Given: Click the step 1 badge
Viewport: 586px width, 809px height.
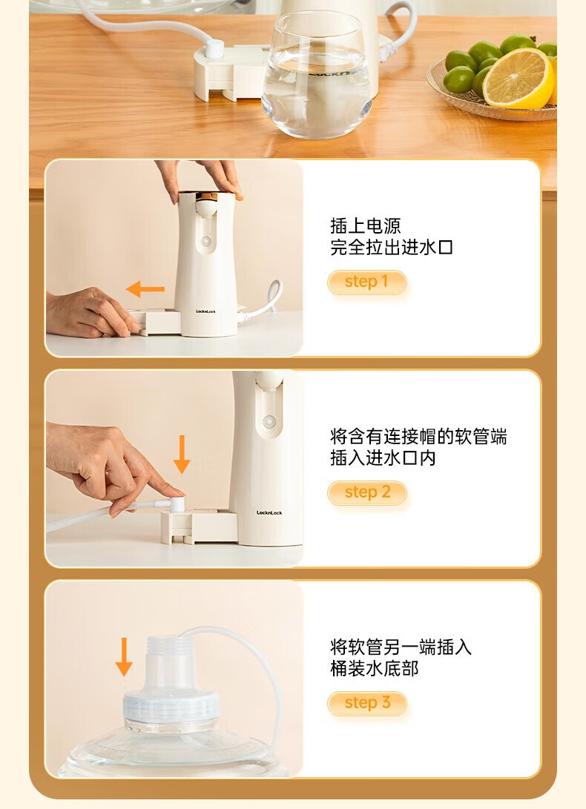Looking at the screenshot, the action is pyautogui.click(x=367, y=282).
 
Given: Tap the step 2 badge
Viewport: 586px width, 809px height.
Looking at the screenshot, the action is pyautogui.click(x=367, y=492).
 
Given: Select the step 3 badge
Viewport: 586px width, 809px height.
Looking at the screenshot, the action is pyautogui.click(x=367, y=703).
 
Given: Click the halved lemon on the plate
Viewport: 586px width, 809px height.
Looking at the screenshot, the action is pyautogui.click(x=518, y=79).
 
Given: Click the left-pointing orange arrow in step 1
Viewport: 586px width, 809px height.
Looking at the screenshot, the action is pyautogui.click(x=145, y=289).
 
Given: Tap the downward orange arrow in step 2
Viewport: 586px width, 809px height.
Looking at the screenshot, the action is pyautogui.click(x=182, y=454).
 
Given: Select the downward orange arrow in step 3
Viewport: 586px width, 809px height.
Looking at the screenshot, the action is pyautogui.click(x=124, y=657).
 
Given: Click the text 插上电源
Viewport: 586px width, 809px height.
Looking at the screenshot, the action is pyautogui.click(x=366, y=226).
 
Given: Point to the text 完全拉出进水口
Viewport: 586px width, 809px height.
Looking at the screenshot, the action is pyautogui.click(x=392, y=248).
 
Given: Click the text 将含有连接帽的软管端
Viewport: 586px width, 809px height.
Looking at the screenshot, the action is pyautogui.click(x=418, y=437).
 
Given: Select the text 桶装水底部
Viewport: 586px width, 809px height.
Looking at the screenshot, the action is pyautogui.click(x=375, y=669).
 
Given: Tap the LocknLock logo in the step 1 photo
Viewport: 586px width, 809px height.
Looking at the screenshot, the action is pyautogui.click(x=205, y=311).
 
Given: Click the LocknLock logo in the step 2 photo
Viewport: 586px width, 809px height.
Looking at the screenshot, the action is pyautogui.click(x=269, y=512).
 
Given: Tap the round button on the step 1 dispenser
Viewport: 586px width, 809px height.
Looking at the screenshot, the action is pyautogui.click(x=206, y=242).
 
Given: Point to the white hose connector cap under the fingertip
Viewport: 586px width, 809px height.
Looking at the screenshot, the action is pyautogui.click(x=176, y=503).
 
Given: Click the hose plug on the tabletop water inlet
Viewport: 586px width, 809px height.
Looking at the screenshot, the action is pyautogui.click(x=214, y=48).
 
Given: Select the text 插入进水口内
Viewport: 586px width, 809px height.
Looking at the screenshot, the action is pyautogui.click(x=383, y=458).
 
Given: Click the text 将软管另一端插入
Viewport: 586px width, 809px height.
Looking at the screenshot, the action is pyautogui.click(x=401, y=647).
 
